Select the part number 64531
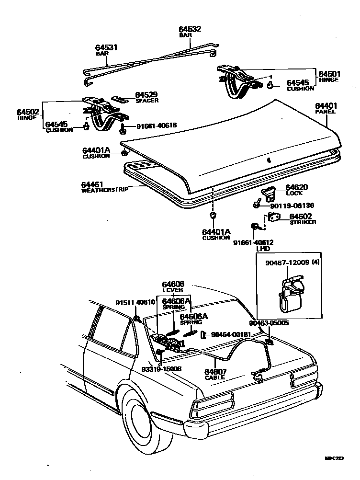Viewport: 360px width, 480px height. tap(106, 47)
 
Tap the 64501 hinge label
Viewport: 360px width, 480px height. tap(329, 74)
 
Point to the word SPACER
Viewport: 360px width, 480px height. tap(147, 101)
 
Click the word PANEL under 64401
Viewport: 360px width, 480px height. tap(325, 112)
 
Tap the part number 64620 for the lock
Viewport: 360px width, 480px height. tap(297, 187)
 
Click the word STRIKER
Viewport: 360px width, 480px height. tap(303, 222)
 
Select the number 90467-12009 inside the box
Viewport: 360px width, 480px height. tap(285, 263)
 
